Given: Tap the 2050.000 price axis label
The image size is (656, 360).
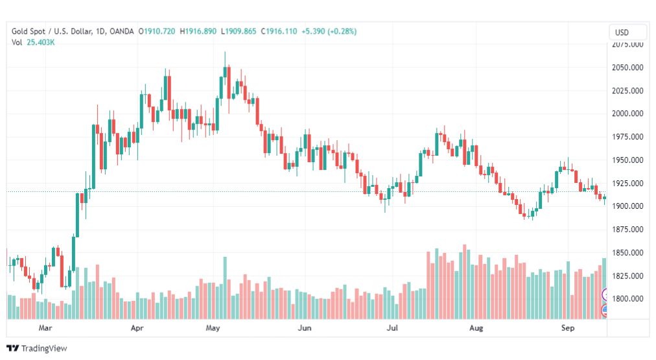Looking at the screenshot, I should [x=627, y=67].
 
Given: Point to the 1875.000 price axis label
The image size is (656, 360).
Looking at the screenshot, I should [x=627, y=230].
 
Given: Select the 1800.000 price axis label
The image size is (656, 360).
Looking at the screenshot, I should [x=627, y=299].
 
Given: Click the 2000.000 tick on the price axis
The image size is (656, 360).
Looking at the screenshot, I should [x=627, y=114].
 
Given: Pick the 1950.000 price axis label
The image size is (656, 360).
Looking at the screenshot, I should [x=627, y=160].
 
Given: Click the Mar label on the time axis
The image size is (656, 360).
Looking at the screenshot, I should [x=45, y=328].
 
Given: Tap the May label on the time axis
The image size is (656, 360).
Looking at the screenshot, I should [x=213, y=328].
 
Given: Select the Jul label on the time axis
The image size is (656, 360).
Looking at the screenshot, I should [x=392, y=328].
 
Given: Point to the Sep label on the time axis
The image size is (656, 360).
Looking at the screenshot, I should [x=568, y=328].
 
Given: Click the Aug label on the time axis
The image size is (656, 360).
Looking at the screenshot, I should [x=476, y=328].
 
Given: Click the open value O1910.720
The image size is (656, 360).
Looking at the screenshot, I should [x=156, y=31].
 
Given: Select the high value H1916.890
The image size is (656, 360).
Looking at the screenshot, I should [x=198, y=31].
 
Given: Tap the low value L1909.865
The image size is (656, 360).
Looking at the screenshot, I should [x=239, y=31].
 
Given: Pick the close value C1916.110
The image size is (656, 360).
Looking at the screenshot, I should [x=279, y=31].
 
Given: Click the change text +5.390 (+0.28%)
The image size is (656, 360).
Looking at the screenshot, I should [x=329, y=31].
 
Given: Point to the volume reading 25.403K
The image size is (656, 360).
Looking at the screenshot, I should [x=40, y=42].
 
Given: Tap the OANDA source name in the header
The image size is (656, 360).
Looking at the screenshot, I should [x=122, y=31].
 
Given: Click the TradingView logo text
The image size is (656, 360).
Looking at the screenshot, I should [x=44, y=349].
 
